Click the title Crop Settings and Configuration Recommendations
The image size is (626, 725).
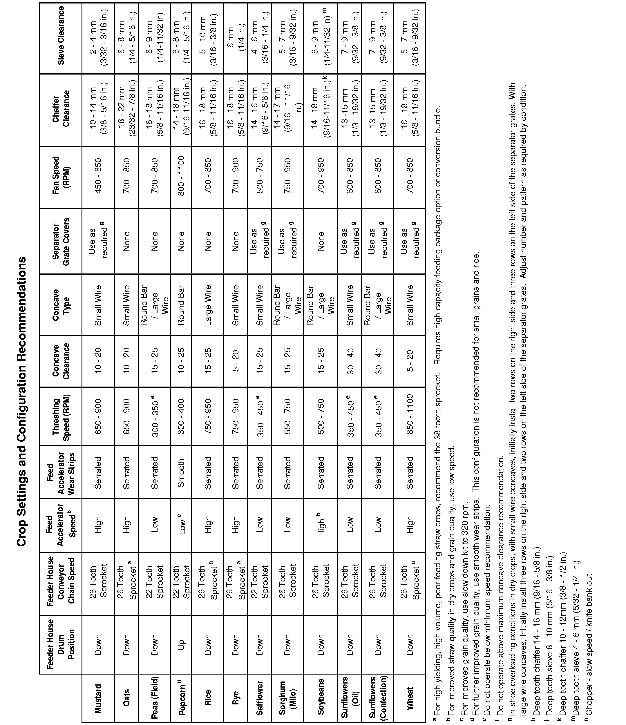pyautogui.click(x=21, y=362)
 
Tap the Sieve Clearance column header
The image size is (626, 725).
pyautogui.click(x=61, y=36)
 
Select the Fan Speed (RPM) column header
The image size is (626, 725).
pyautogui.click(x=61, y=177)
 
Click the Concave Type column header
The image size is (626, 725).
pyautogui.click(x=61, y=304)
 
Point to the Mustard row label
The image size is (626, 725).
pyautogui.click(x=98, y=698)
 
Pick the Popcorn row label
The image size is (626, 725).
pyautogui.click(x=181, y=698)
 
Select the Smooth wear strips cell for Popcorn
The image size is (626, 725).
pyautogui.click(x=181, y=473)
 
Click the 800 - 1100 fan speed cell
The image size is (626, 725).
pyautogui.click(x=181, y=177)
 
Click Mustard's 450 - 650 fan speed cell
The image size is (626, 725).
pyautogui.click(x=98, y=177)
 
